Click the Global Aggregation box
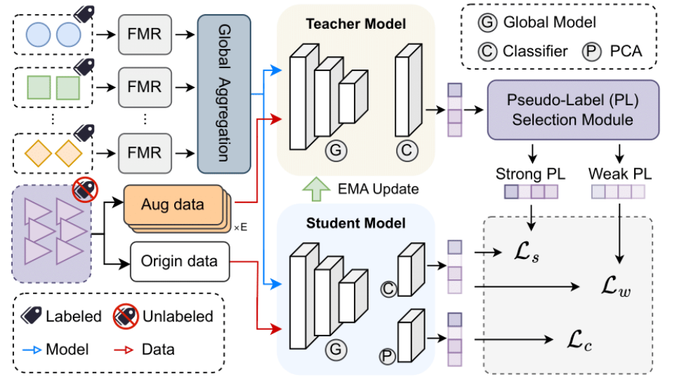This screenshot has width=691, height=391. click(x=225, y=94)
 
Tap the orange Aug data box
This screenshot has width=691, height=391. click(x=172, y=205)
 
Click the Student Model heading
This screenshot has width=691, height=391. click(x=355, y=223)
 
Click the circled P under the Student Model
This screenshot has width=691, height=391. click(x=388, y=357)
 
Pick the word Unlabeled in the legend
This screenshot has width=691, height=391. click(x=178, y=317)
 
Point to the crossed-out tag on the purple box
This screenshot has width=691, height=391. click(x=84, y=189)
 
